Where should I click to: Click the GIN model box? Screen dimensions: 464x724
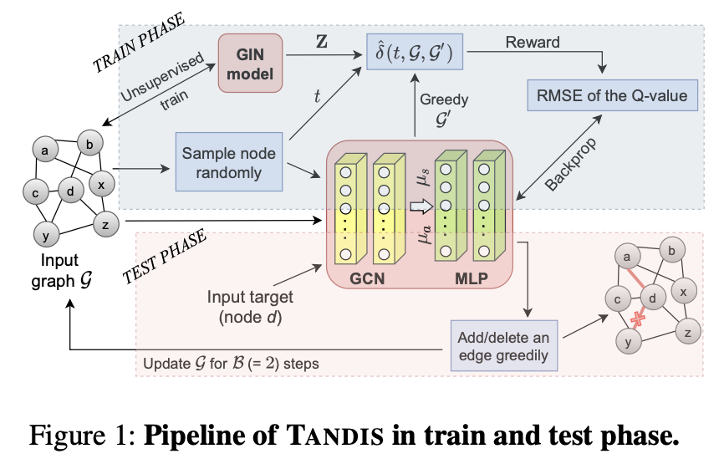click(251, 63)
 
